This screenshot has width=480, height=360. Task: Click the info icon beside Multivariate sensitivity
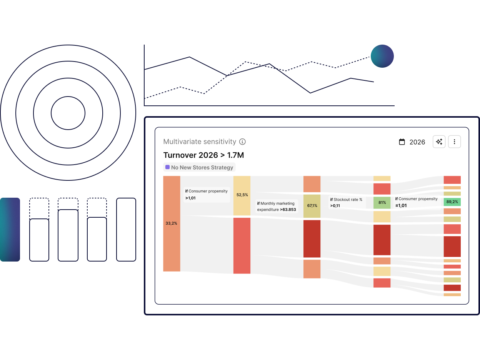[242, 142]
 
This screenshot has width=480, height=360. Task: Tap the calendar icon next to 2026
[402, 142]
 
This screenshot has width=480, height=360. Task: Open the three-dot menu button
[454, 142]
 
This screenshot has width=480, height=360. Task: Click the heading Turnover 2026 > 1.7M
[203, 155]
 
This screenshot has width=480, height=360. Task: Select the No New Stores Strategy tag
[199, 167]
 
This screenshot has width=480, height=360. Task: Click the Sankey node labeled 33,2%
[172, 223]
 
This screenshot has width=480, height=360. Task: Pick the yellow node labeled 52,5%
[242, 195]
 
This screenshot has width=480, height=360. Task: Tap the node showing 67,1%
[312, 206]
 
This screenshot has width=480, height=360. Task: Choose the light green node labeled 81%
[382, 203]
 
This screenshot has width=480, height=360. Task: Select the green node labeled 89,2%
[452, 202]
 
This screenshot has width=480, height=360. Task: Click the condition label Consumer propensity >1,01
[207, 195]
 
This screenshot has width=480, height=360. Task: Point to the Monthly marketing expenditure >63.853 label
[277, 207]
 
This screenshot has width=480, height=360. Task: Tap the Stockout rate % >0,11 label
[347, 203]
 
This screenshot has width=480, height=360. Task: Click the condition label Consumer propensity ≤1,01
[417, 202]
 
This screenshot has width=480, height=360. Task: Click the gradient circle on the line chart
[382, 56]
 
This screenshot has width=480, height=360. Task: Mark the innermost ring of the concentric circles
[68, 113]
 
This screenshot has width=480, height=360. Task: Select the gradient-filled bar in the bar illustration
[10, 230]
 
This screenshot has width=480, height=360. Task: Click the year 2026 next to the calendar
[417, 142]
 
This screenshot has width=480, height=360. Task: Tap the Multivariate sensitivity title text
[200, 142]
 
